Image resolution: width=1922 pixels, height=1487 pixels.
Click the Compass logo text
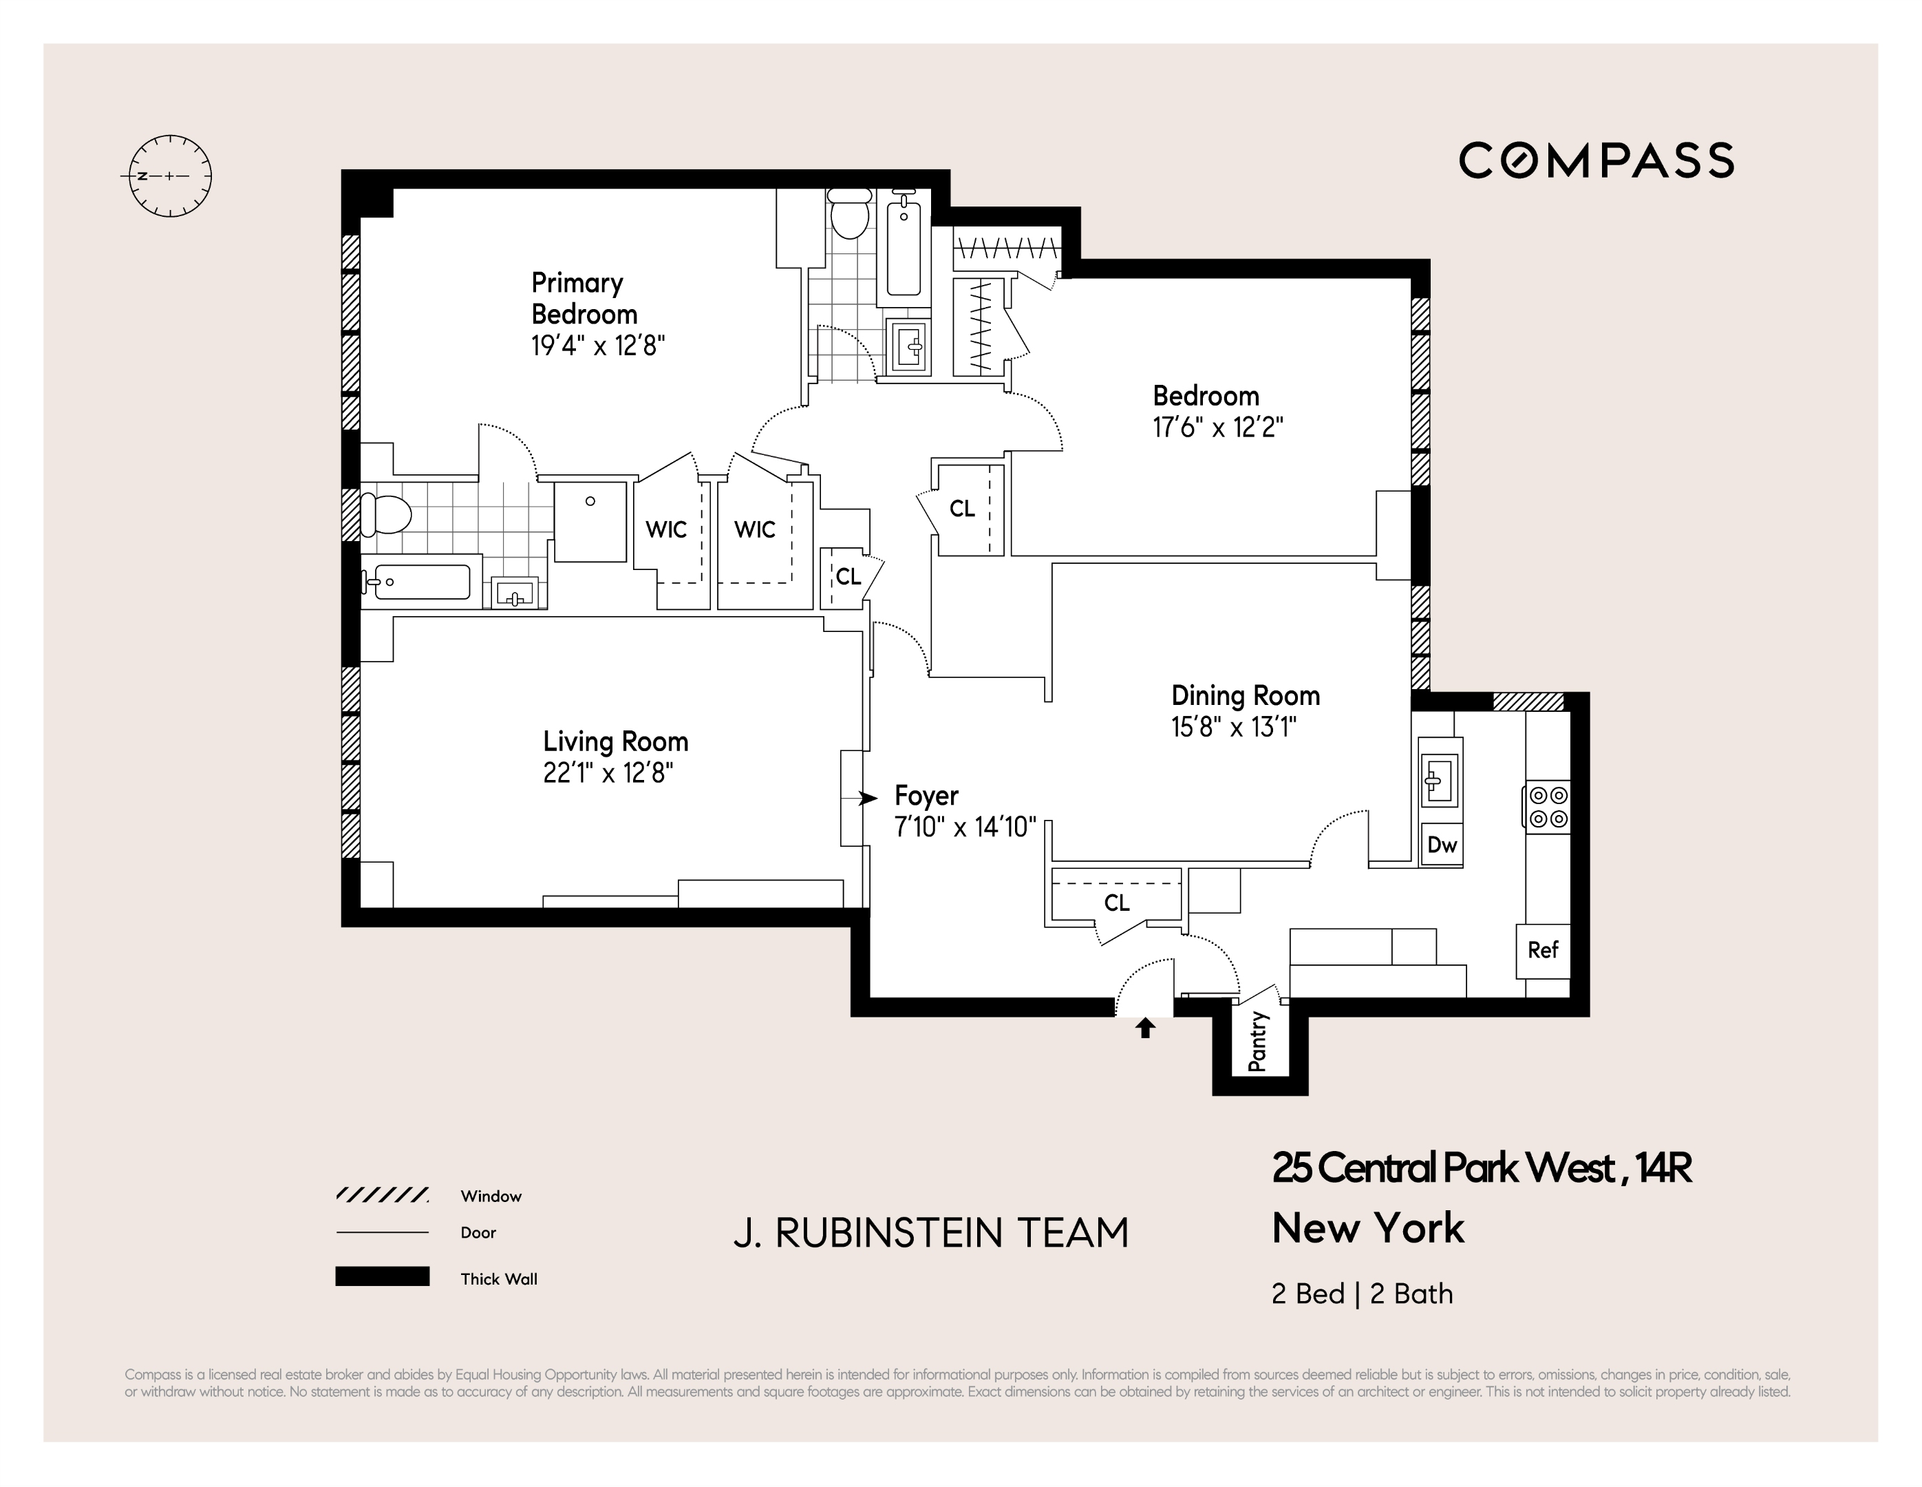pos(1596,161)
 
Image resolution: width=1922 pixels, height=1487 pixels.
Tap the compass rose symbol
pos(170,176)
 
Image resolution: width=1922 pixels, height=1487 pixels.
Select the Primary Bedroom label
pos(584,299)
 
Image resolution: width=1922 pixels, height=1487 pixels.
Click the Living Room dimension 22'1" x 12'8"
pos(608,773)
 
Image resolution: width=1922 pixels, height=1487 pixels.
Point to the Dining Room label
pos(1244,695)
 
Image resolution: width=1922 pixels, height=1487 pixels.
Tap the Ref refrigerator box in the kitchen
pos(1542,950)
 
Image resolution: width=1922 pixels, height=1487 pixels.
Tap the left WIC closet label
pos(665,530)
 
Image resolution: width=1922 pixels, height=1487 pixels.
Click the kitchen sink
pos(1439,779)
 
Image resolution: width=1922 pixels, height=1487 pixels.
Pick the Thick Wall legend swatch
pos(382,1276)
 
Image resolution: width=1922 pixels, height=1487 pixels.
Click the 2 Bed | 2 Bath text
pos(1361,1294)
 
